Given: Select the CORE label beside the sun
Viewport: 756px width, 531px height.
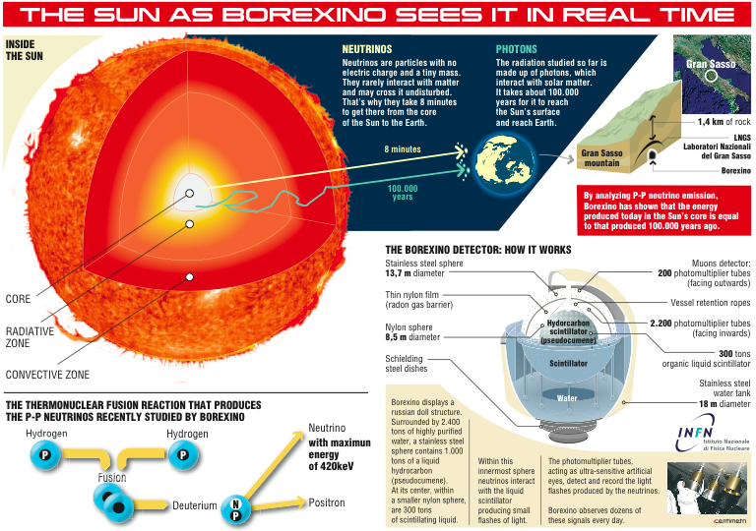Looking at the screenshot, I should click(x=19, y=299).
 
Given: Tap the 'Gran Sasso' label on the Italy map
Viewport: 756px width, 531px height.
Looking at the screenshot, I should click(x=706, y=64).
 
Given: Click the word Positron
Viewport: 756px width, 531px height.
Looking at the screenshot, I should click(x=327, y=502).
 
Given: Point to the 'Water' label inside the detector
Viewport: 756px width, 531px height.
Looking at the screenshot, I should click(x=567, y=399).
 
